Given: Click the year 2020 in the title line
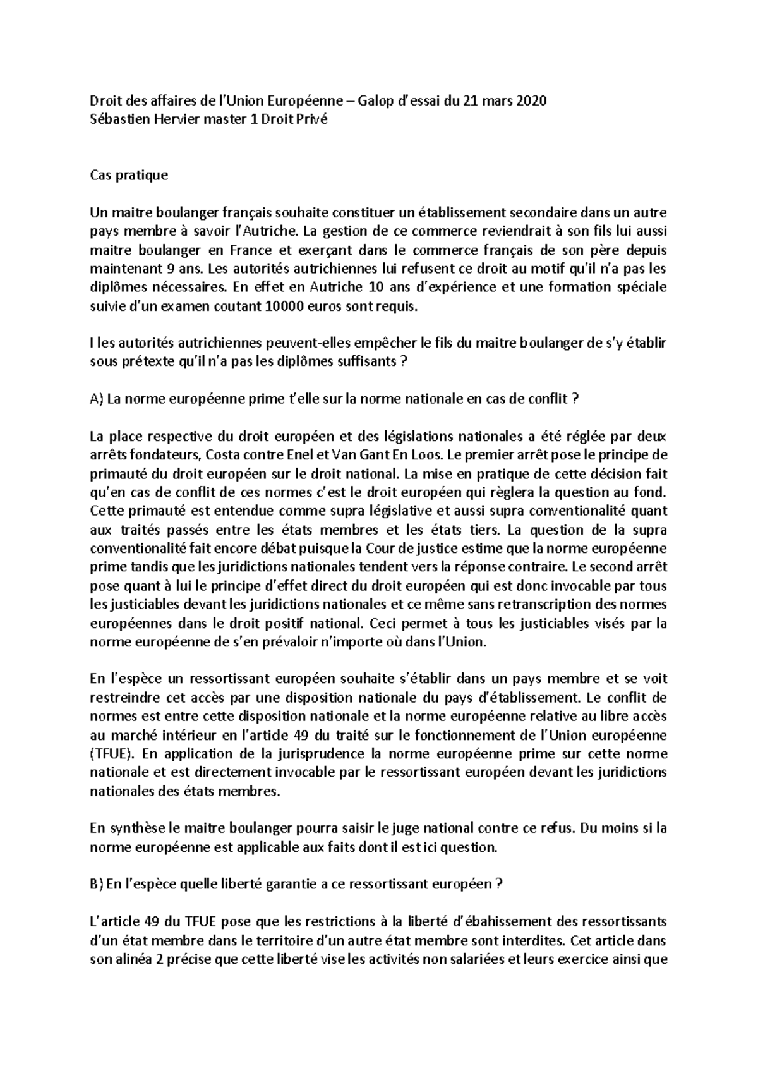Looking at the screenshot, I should click(532, 101).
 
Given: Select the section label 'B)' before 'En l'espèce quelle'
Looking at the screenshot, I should click(97, 884).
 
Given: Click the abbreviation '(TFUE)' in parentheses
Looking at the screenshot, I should click(111, 754).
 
